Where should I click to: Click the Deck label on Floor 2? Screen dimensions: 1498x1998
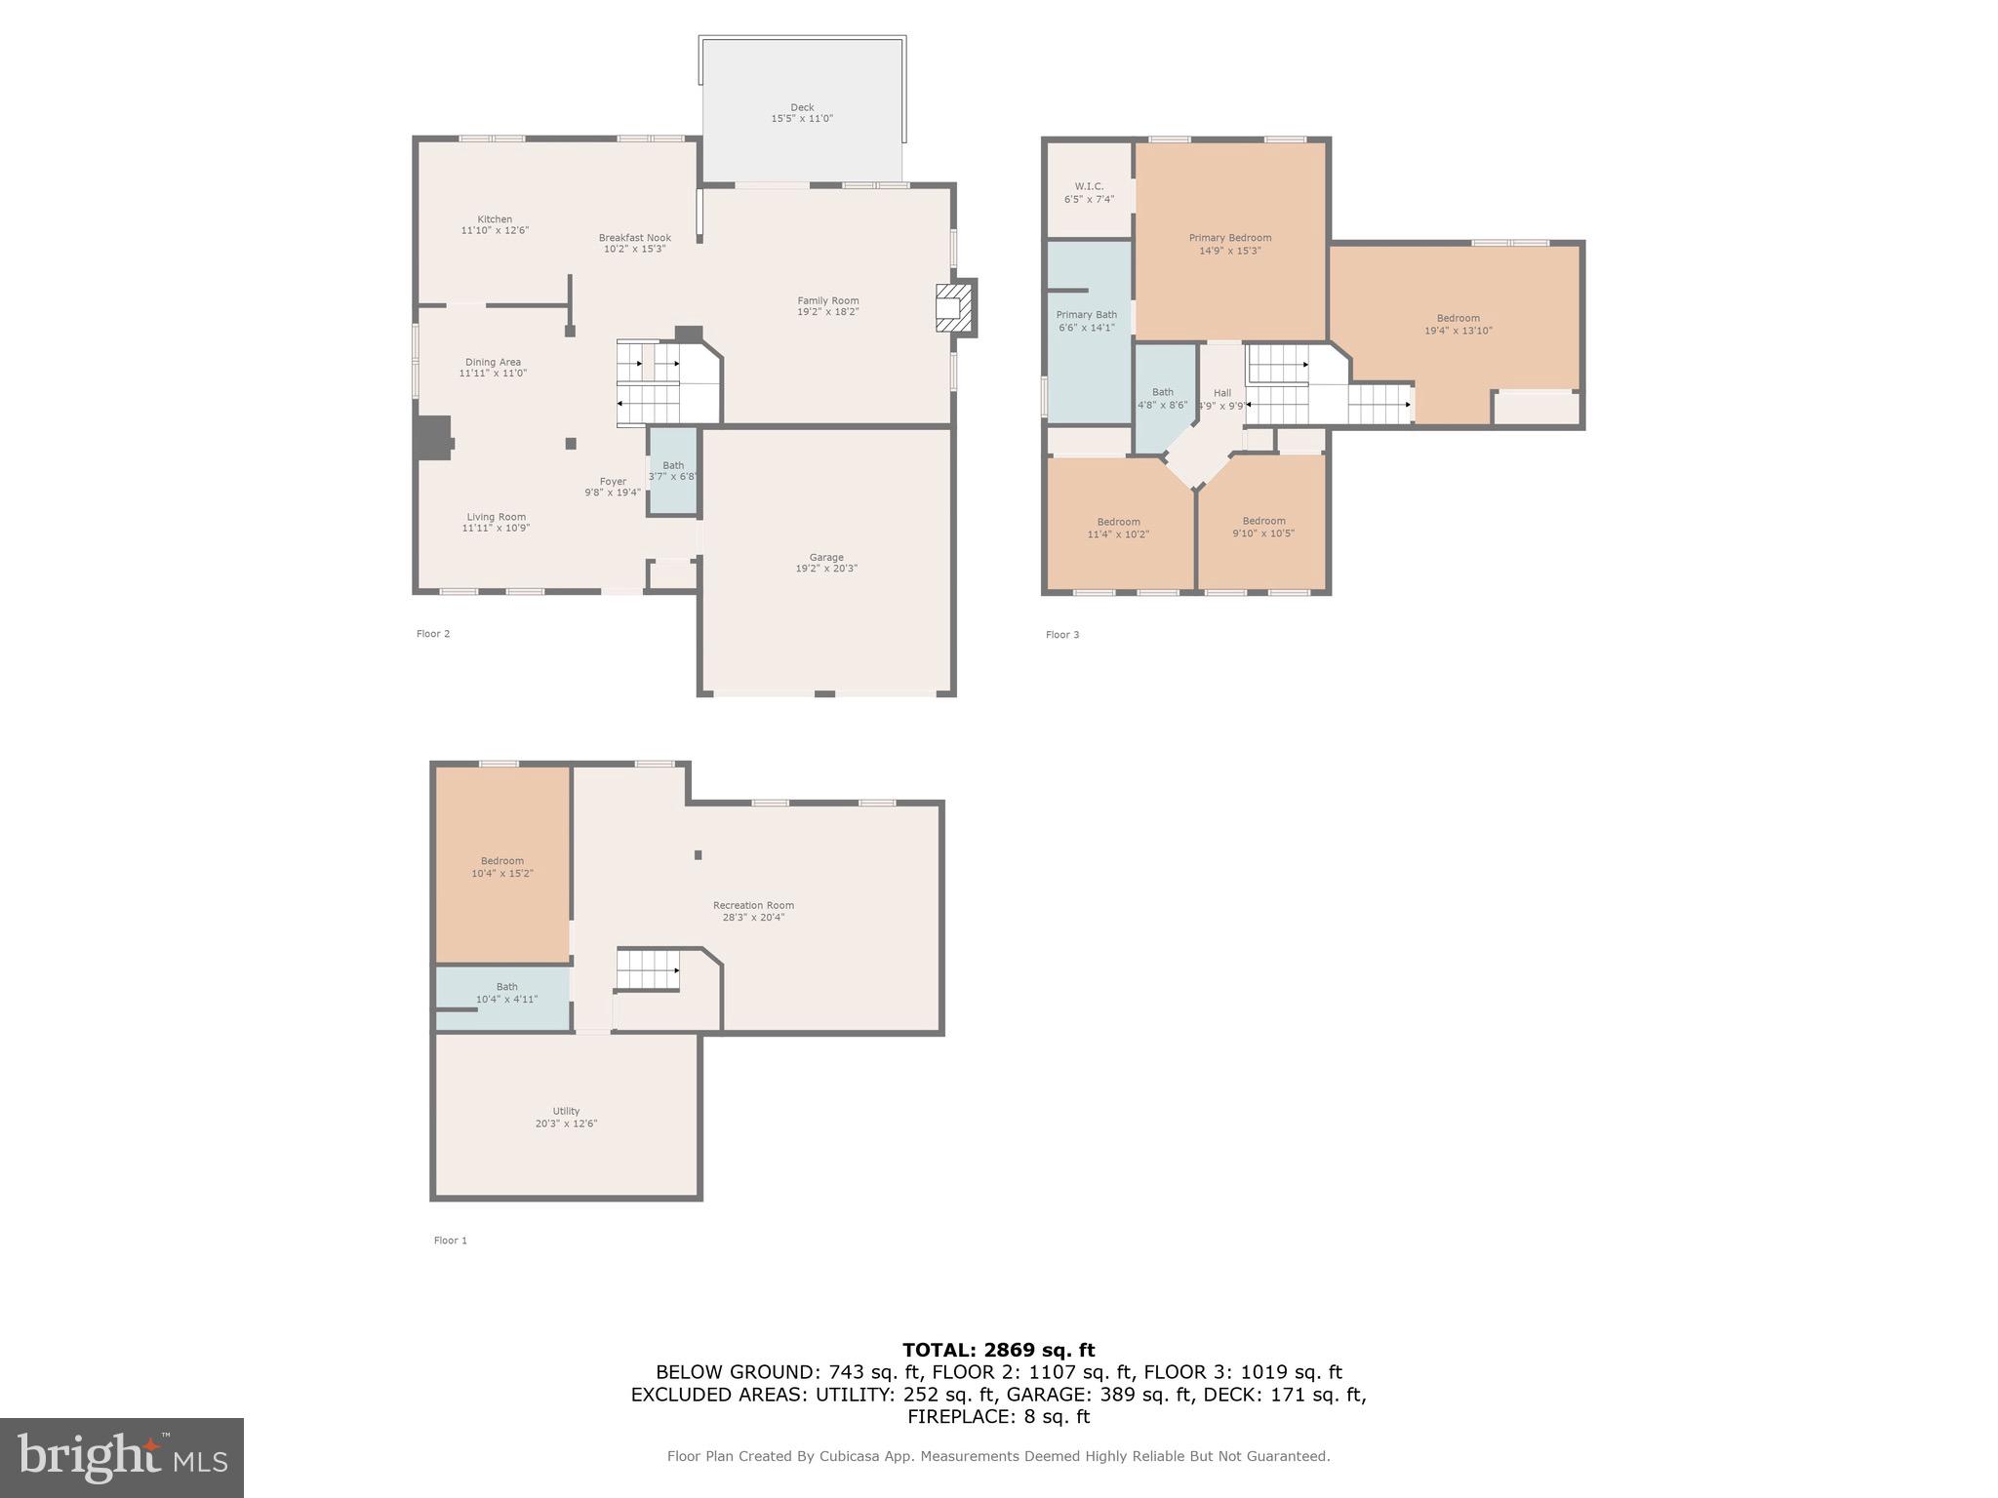[802, 108]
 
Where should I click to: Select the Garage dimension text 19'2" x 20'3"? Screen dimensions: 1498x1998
[826, 569]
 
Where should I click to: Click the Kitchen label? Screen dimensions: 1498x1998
[495, 219]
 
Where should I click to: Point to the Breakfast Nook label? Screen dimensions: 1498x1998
[635, 238]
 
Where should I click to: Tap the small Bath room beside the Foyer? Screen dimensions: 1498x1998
[673, 471]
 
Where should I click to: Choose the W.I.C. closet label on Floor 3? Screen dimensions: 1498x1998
[1089, 186]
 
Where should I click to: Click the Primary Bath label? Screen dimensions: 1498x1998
[1086, 315]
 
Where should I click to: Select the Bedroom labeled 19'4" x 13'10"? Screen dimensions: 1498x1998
[1458, 324]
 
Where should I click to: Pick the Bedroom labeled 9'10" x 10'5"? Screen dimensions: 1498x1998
[1263, 527]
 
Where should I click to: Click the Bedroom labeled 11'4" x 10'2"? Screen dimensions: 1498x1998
[1118, 528]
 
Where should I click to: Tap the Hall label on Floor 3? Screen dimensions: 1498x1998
[1222, 393]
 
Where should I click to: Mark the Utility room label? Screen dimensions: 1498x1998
[566, 1111]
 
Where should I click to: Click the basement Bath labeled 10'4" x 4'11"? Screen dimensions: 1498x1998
[506, 993]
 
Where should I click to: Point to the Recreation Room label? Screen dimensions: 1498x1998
[753, 905]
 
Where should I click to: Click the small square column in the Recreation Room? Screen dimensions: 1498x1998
[698, 855]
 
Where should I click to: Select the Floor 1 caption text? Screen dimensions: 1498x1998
[451, 1241]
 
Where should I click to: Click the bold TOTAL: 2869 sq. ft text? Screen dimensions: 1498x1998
[998, 1351]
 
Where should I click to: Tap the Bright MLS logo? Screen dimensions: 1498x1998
[122, 1458]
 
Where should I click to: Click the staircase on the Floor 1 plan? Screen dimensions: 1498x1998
[647, 970]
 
